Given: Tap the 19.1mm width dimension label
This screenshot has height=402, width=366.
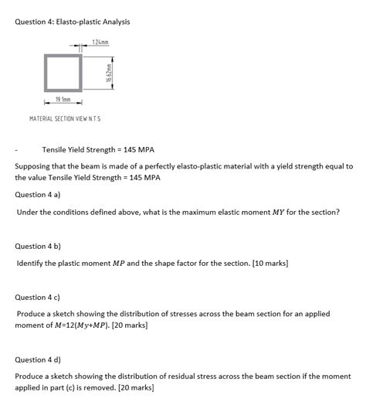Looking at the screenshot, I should click(x=64, y=99).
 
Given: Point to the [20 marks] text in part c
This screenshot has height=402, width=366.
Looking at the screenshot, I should click(x=130, y=325).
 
